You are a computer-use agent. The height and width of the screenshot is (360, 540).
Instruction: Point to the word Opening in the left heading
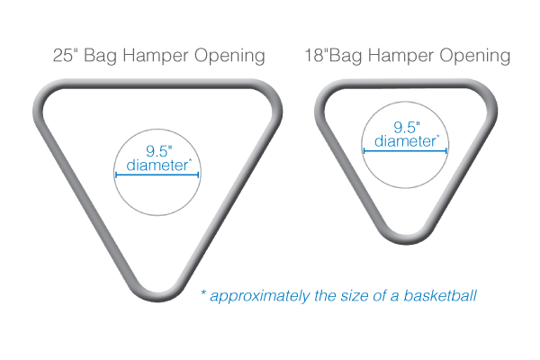pyautogui.click(x=229, y=57)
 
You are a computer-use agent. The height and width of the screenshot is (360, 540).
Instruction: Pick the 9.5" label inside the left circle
pyautogui.click(x=158, y=150)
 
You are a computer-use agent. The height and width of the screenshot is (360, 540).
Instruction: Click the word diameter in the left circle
pyautogui.click(x=158, y=166)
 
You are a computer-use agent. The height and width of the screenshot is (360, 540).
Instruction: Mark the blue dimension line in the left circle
pyautogui.click(x=158, y=175)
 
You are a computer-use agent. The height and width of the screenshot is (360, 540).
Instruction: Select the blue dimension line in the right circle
pyautogui.click(x=406, y=150)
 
